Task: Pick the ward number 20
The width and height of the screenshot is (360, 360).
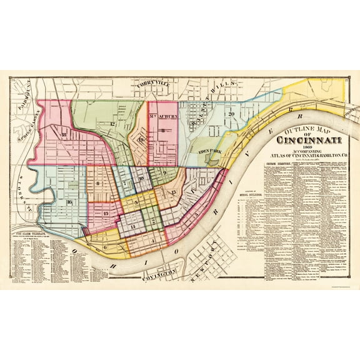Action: click(231, 114)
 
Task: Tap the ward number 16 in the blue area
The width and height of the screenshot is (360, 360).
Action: click(69, 202)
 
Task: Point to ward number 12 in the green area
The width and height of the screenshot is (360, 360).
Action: click(112, 124)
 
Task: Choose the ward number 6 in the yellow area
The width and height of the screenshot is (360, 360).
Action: click(104, 247)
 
